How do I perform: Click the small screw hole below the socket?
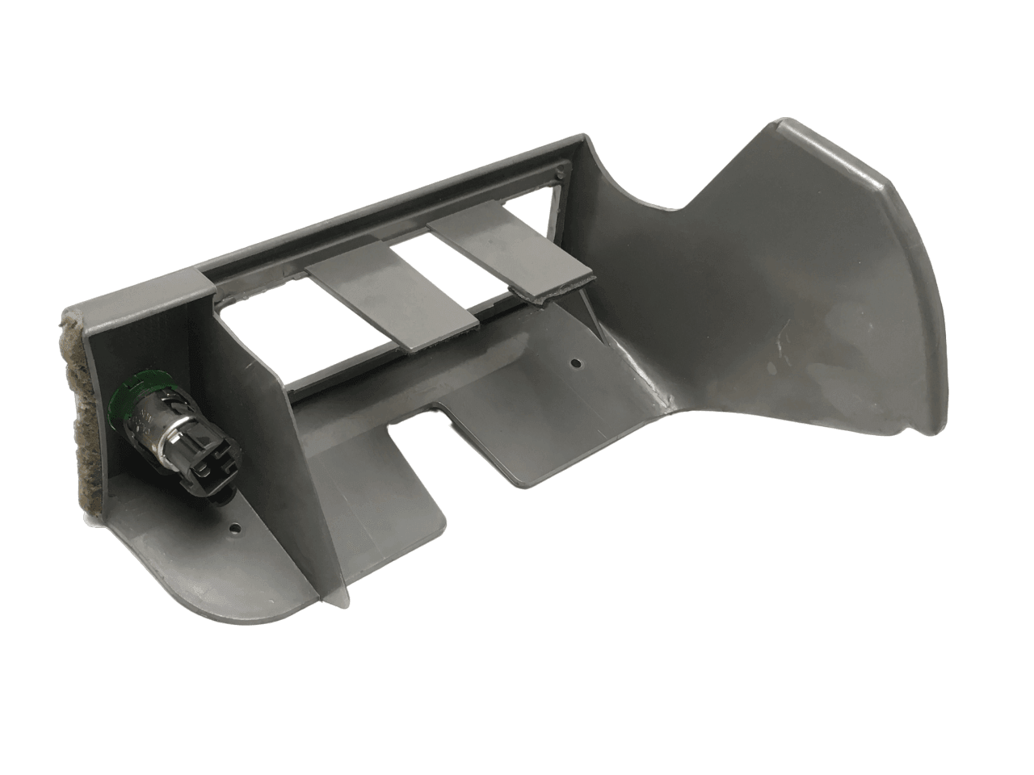(236, 530)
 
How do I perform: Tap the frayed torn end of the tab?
(557, 287)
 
